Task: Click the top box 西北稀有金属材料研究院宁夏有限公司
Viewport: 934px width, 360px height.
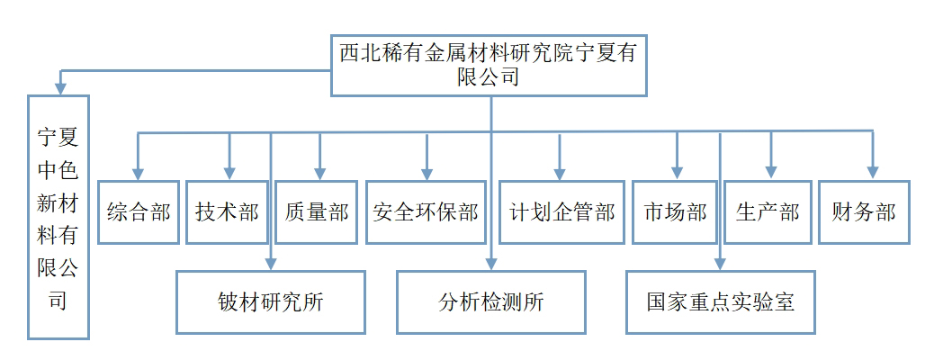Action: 489,65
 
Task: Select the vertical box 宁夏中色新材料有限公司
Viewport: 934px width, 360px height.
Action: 58,216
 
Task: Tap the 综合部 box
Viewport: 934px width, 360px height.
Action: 138,212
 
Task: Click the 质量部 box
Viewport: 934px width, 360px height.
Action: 316,212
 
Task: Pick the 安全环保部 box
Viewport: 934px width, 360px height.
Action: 426,212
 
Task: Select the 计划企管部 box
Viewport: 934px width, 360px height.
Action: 561,212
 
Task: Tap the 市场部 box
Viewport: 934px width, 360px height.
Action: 675,212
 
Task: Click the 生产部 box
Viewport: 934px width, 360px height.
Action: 768,212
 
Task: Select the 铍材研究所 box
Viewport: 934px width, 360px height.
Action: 271,302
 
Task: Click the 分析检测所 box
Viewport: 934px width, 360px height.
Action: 491,302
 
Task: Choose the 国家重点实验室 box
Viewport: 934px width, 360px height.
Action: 720,302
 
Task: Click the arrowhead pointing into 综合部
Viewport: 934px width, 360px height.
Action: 138,173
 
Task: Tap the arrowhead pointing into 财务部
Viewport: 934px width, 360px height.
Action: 871,173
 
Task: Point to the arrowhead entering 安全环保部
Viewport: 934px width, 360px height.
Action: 427,173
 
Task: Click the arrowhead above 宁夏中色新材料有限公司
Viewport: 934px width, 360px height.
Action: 59,87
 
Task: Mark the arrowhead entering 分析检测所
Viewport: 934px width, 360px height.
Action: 491,264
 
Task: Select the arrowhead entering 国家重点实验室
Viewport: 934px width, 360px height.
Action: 720,264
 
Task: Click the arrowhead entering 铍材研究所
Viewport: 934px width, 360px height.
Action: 271,264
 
